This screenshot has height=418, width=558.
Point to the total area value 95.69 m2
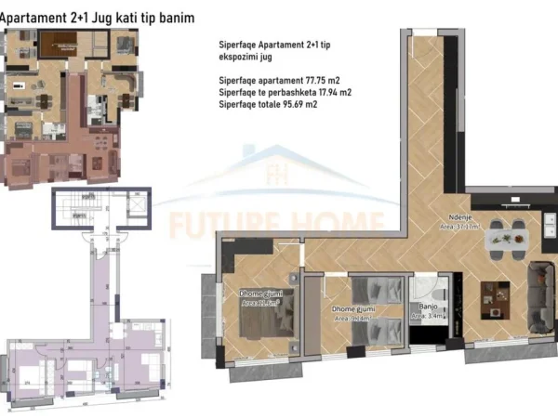(x=311, y=106)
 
